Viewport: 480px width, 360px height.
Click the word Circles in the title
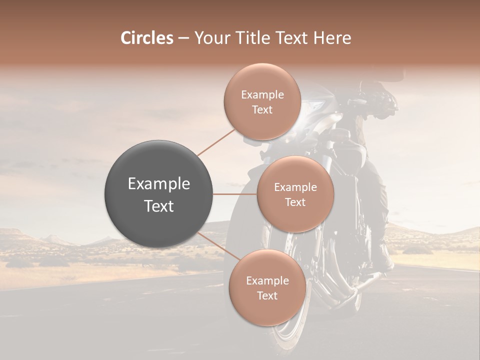(147, 38)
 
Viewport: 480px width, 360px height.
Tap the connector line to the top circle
(216, 142)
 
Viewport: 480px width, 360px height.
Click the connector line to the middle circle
(235, 194)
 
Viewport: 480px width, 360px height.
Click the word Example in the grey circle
(159, 184)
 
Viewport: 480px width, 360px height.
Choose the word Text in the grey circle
(159, 206)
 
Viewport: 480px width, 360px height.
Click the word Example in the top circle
(262, 95)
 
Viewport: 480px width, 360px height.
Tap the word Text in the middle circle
(295, 202)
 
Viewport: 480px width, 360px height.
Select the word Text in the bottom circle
(267, 296)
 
